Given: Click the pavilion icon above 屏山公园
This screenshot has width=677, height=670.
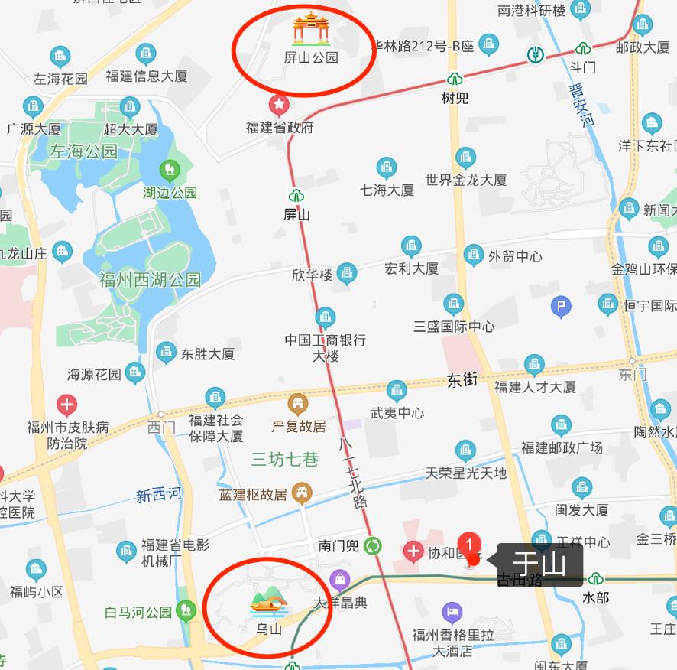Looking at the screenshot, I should click(310, 29).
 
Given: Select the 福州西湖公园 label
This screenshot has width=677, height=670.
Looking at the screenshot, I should click(150, 280).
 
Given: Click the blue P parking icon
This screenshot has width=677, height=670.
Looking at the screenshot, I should click(561, 307).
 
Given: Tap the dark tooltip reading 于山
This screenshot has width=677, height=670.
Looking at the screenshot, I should click(539, 564).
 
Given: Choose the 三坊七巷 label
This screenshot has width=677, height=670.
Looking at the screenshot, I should click(285, 459).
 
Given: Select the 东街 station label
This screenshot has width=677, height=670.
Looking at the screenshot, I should click(462, 379).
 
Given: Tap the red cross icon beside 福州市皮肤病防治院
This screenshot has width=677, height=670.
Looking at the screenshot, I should click(67, 405).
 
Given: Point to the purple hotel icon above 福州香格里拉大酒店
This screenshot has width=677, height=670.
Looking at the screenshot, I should click(452, 612).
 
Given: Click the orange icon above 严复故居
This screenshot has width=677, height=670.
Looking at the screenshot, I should click(298, 403).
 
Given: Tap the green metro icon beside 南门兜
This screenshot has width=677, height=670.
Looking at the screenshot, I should click(373, 545).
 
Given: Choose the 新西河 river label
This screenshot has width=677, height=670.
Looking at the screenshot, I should click(159, 496).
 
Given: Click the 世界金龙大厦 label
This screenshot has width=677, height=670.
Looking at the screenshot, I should click(466, 181).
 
